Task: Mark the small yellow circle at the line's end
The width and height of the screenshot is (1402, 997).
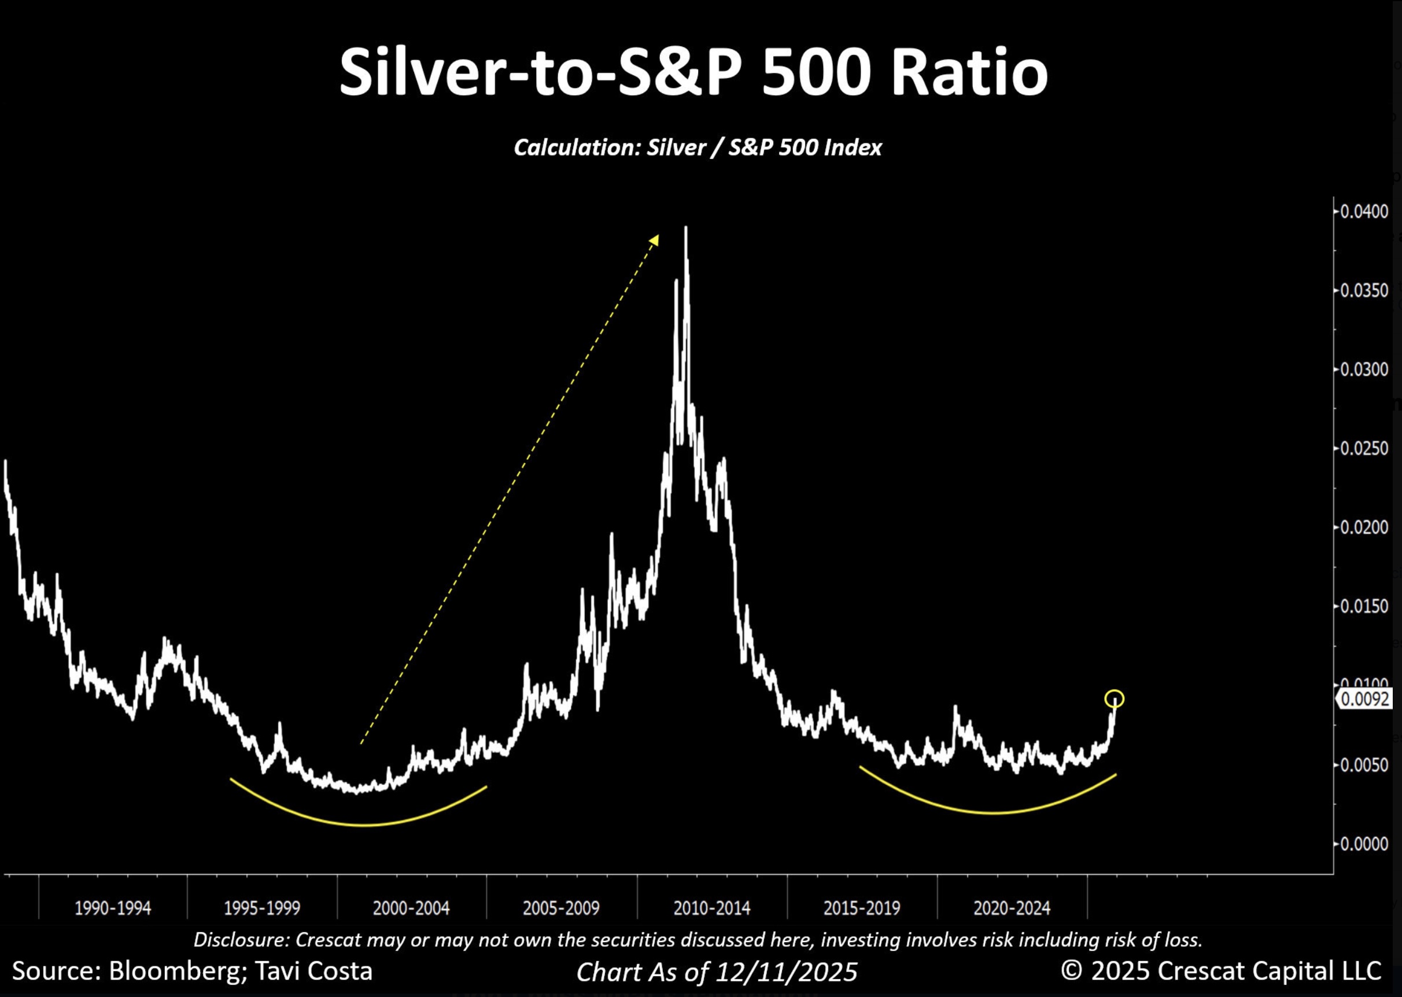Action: point(1114,699)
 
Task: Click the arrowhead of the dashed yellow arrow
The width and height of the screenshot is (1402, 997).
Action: point(655,239)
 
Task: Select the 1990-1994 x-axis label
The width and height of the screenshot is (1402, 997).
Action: point(112,908)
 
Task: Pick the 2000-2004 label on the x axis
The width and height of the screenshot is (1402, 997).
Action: point(411,908)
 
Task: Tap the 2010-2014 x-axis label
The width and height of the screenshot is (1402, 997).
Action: point(711,908)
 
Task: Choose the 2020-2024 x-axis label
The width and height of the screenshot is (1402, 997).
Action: point(1012,908)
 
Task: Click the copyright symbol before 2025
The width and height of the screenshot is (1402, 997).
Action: point(1071,970)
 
